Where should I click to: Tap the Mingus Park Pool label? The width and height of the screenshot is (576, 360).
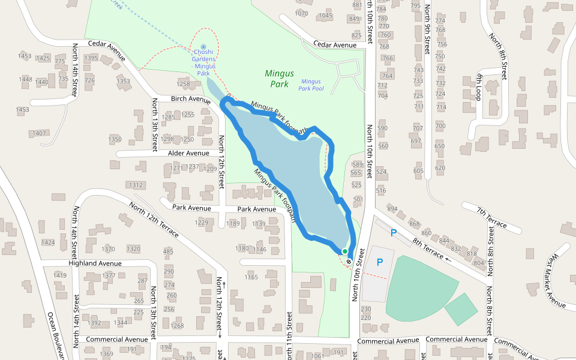pos(311,85)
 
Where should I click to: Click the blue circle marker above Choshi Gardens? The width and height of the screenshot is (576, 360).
pos(203,46)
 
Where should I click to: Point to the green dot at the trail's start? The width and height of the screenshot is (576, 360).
pos(344,251)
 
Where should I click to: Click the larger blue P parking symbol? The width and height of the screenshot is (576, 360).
pos(380,262)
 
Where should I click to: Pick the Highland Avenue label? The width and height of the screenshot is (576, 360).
pos(95,263)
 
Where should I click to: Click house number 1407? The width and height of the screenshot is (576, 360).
pos(40,133)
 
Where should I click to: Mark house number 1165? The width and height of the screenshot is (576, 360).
pos(251,277)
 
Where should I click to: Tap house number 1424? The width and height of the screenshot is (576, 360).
pos(48,243)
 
